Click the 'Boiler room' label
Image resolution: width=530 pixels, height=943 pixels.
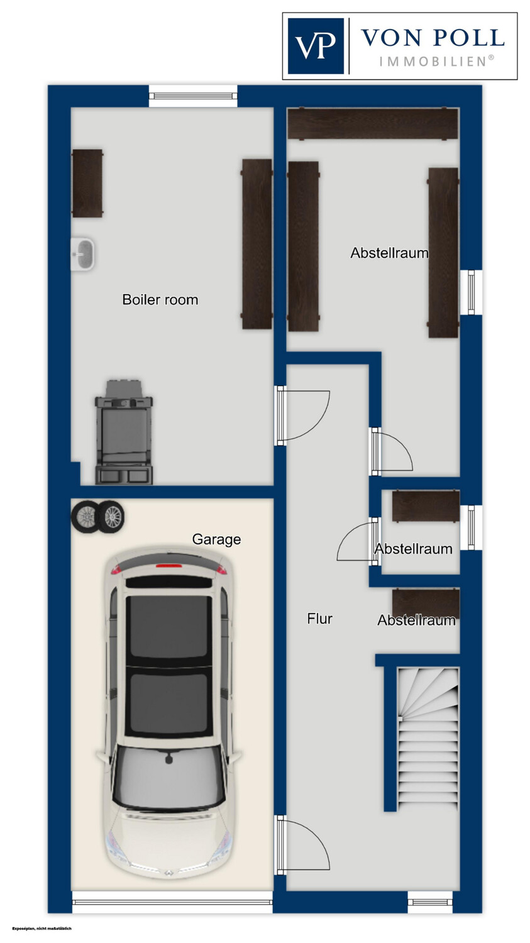coord(160,299)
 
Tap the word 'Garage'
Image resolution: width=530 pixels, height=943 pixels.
coord(216,539)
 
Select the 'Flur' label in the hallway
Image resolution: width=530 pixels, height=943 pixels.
coord(319,619)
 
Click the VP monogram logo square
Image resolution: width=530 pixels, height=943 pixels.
coord(316,46)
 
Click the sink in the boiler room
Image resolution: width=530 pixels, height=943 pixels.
coord(82,254)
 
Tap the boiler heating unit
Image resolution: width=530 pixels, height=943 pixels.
coord(124,432)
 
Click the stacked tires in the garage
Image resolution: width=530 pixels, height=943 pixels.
coord(97,516)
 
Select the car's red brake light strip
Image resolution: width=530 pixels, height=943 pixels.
coord(168,565)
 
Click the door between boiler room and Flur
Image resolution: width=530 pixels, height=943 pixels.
coord(302,416)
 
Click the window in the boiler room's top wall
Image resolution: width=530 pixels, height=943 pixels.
coord(193,96)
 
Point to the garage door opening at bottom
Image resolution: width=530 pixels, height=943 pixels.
coord(172,902)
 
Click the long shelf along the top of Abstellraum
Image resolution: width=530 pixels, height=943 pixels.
coord(373,123)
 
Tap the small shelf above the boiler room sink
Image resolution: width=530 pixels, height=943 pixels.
coord(87,183)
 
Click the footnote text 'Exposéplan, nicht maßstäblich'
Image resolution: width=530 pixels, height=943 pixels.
coord(42,929)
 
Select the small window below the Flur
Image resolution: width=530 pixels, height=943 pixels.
coord(430,902)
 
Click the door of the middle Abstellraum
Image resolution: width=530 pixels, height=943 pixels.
coord(358,541)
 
